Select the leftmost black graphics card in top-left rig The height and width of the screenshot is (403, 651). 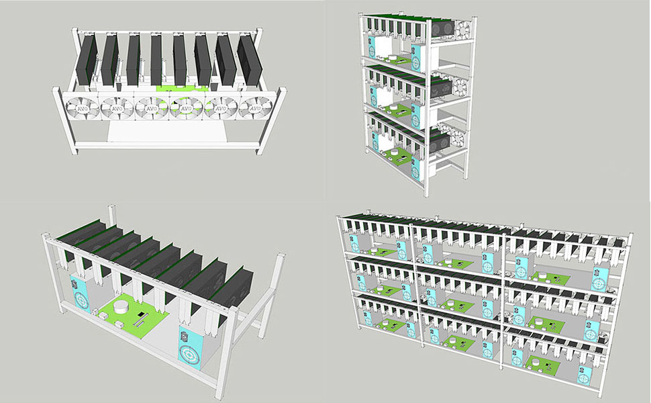pos(88,60)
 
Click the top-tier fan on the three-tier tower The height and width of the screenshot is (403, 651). pos(462,29)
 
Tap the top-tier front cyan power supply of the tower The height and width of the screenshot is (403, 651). pos(417,61)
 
